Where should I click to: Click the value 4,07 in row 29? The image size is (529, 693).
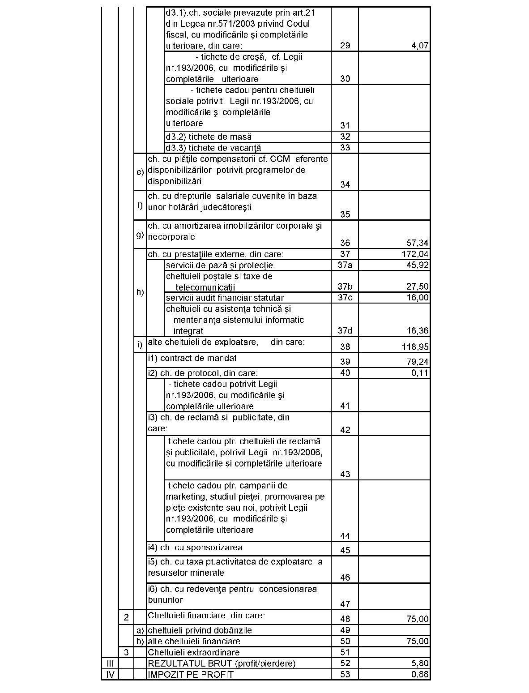point(420,46)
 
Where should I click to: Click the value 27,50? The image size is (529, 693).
point(418,287)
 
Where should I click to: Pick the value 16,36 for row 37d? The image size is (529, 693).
point(418,331)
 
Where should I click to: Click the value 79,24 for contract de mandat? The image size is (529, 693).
point(418,362)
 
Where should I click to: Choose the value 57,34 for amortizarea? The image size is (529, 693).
point(418,243)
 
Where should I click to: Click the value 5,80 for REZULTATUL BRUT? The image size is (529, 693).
point(420,663)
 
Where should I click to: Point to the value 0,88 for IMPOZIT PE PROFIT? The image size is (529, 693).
point(420,675)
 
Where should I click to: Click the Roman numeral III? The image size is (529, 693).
point(110,663)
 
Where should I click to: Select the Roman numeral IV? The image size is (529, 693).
point(110,675)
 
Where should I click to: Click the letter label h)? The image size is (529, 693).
point(140,292)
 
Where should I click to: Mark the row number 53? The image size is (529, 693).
point(345,675)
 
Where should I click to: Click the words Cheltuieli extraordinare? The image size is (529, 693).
point(193,653)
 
